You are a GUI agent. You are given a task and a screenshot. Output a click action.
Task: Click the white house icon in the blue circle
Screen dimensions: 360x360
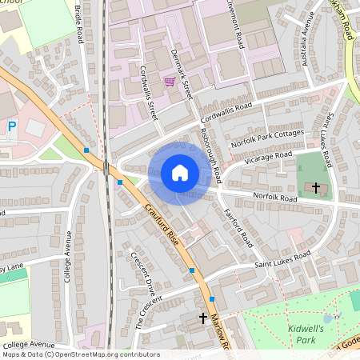[x=180, y=172]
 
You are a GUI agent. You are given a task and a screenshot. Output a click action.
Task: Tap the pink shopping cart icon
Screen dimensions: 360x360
[x=169, y=82]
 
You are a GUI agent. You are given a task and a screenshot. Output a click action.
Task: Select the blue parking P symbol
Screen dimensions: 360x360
[x=11, y=126]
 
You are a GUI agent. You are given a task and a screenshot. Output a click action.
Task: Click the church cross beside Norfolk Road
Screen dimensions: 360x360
[x=316, y=188]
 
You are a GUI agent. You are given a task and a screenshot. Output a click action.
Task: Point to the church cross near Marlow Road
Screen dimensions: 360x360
[x=203, y=318]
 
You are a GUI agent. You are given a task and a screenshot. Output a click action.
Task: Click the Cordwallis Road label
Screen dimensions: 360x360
[x=226, y=111]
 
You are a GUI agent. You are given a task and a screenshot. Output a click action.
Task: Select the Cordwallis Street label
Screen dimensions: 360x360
[x=149, y=90]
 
